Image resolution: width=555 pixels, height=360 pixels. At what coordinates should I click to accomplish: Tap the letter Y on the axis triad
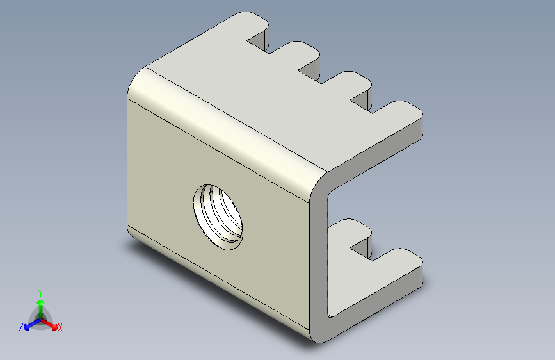pyautogui.click(x=40, y=291)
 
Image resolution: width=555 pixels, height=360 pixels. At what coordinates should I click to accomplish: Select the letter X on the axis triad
pyautogui.click(x=60, y=328)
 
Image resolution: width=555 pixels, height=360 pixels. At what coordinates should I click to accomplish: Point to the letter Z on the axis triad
pyautogui.click(x=21, y=327)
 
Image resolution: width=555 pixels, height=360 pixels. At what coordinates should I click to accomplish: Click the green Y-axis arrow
pyautogui.click(x=40, y=305)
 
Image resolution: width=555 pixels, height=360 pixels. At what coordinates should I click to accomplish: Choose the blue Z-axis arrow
pyautogui.click(x=29, y=324)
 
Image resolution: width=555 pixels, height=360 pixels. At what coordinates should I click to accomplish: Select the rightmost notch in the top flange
pyautogui.click(x=364, y=100)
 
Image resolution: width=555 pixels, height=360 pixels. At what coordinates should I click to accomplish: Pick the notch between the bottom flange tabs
pyautogui.click(x=366, y=247)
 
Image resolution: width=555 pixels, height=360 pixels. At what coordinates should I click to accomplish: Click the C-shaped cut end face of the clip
pyautogui.click(x=320, y=256)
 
